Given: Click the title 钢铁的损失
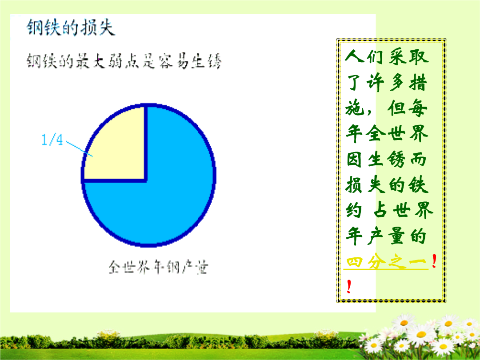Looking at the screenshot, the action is point(71,27).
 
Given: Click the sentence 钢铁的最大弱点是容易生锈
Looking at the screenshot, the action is point(124,60).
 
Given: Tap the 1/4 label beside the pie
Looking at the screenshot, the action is point(52,140).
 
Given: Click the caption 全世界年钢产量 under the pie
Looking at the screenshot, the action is point(158,267).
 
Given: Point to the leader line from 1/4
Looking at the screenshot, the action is point(80,149).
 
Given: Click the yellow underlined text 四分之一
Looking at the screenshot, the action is point(386,262).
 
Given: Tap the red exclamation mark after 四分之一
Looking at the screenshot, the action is point(434,261).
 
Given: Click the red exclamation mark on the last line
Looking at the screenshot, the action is point(349,287).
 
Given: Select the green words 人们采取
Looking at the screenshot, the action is point(387,56).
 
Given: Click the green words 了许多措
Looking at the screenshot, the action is point(387,82).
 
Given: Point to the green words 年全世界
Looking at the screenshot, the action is point(387,133).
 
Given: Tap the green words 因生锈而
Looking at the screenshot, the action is point(387,159).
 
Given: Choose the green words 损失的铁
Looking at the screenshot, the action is point(387,185).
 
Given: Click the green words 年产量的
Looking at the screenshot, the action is point(387,236).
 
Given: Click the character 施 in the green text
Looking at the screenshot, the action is point(355,108).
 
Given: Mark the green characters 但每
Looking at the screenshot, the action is point(407,108).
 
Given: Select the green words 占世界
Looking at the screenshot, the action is point(404,211).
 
